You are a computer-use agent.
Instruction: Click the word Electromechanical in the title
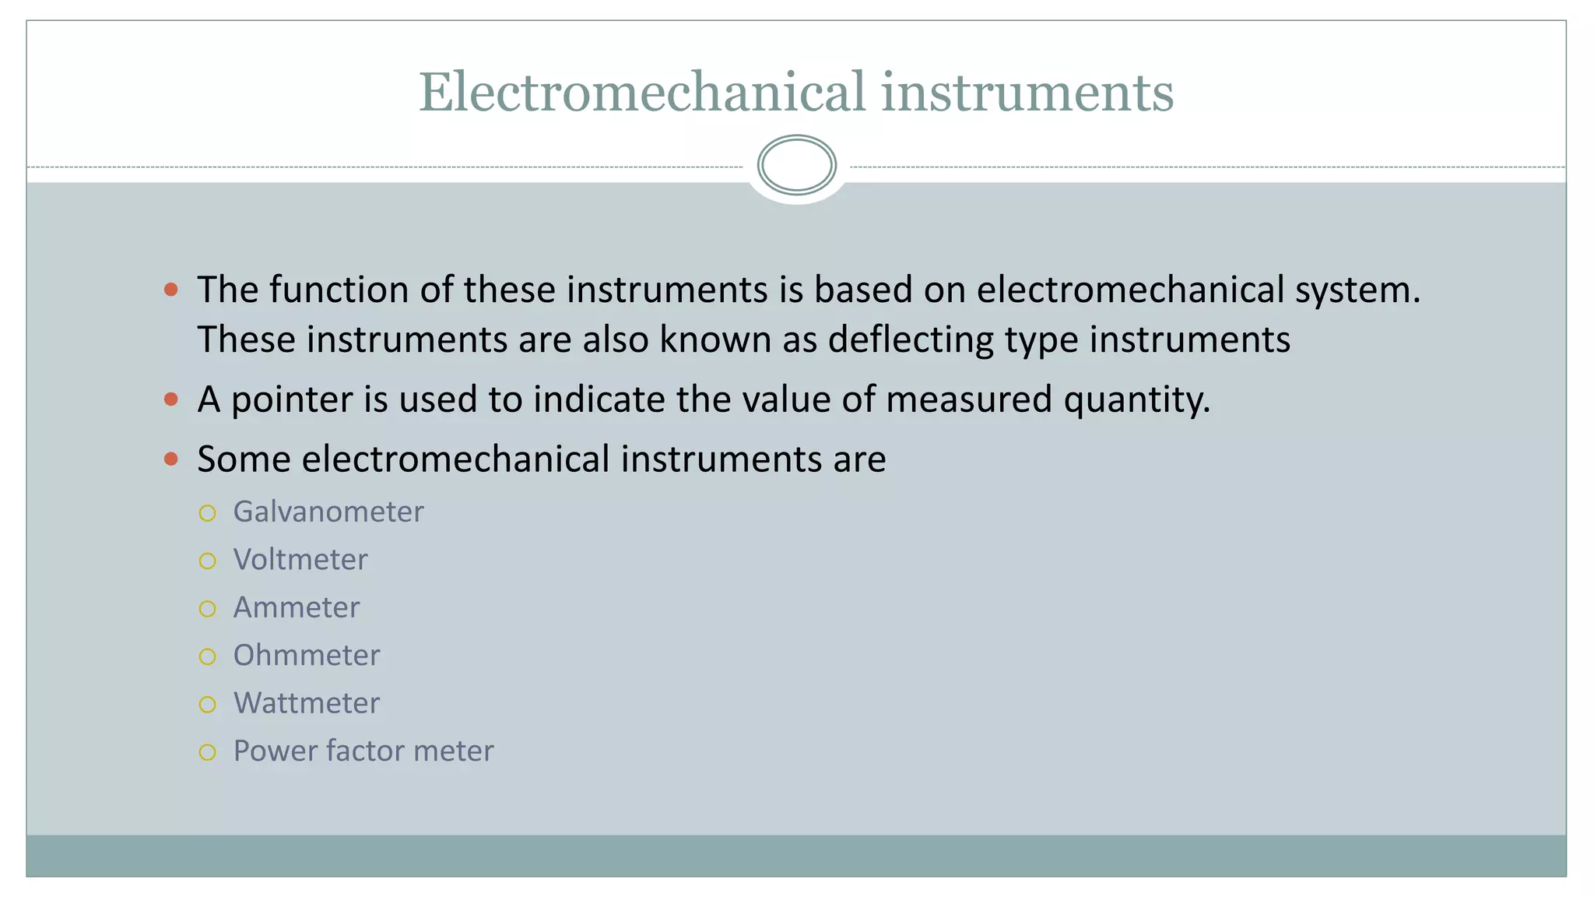[x=642, y=93]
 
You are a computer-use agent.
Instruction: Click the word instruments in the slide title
[x=1027, y=93]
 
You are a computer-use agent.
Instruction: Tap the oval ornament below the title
[x=796, y=165]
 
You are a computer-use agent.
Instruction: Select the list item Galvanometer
[x=328, y=512]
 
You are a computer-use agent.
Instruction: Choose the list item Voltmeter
[x=300, y=560]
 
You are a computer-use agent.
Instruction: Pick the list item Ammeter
[x=297, y=608]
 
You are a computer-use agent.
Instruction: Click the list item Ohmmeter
[x=307, y=656]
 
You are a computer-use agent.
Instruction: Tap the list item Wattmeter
[x=307, y=704]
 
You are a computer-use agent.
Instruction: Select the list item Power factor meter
[x=363, y=751]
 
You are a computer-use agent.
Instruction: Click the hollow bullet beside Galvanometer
[x=207, y=513]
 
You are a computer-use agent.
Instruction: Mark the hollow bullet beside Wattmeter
[x=207, y=705]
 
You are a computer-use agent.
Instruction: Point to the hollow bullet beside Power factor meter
[x=207, y=752]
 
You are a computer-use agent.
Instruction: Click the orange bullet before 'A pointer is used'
[x=171, y=400]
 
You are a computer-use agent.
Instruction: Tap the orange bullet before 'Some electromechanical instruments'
[x=171, y=459]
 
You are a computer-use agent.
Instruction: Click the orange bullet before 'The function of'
[x=171, y=290]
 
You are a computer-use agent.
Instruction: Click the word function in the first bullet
[x=339, y=290]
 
